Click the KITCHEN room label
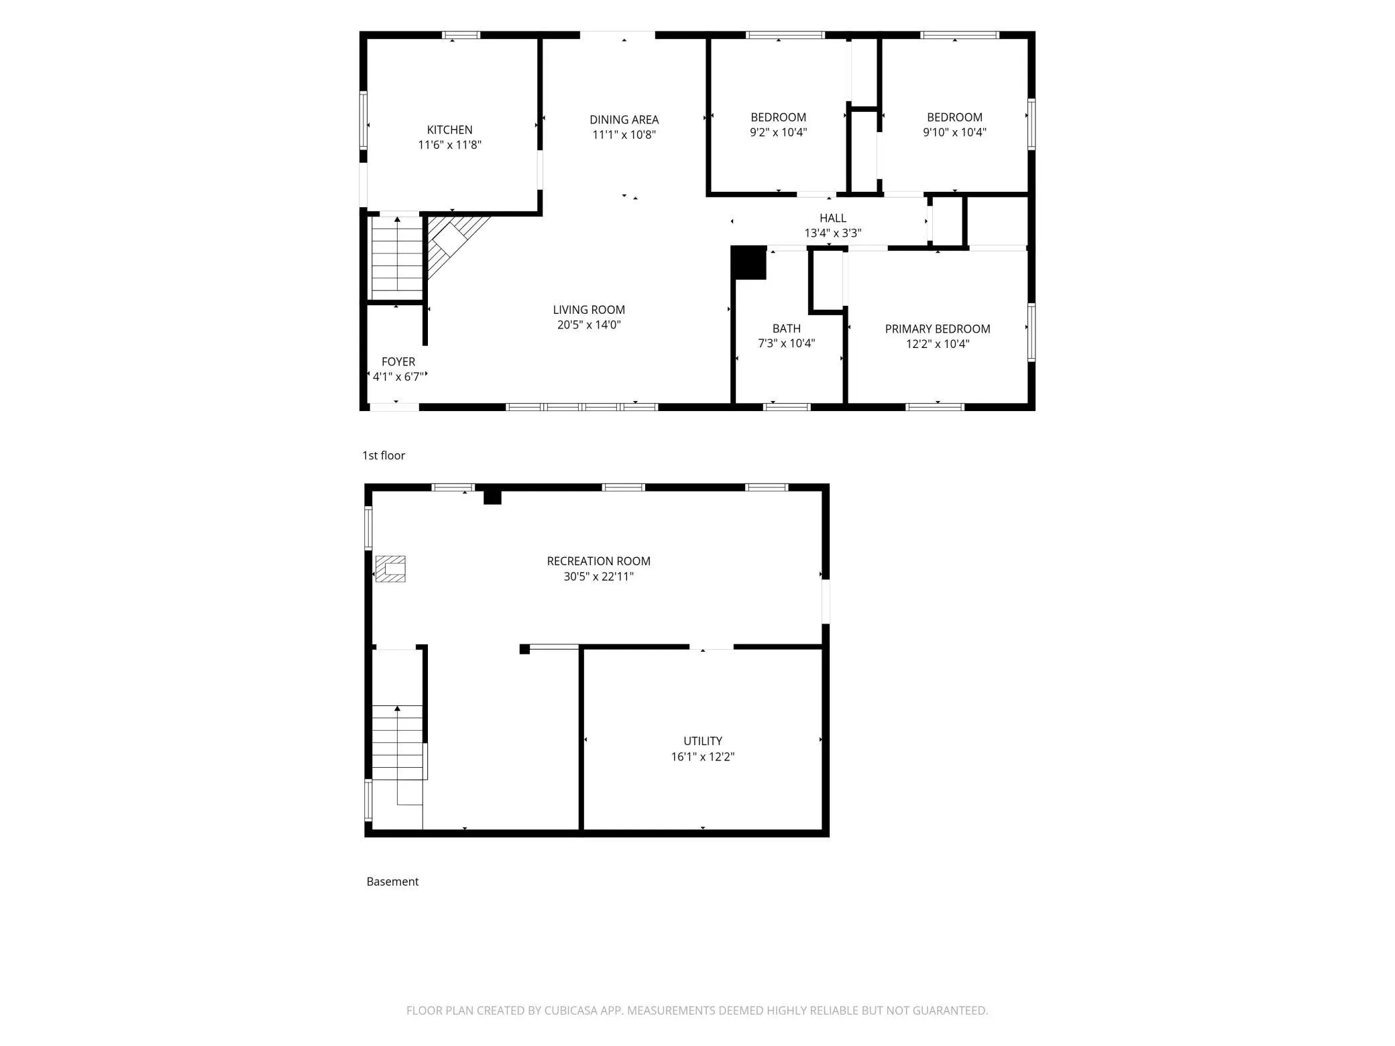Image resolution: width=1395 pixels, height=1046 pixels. click(449, 130)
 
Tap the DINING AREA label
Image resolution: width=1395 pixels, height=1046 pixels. click(624, 120)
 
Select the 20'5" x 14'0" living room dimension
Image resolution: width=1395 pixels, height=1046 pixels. click(589, 325)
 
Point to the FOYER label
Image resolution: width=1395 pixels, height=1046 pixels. click(398, 362)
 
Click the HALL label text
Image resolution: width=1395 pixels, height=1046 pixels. click(833, 219)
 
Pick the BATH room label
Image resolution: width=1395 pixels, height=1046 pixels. click(786, 329)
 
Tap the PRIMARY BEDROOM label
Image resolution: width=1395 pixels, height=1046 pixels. click(938, 329)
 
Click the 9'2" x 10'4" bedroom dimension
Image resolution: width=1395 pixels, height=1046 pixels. click(778, 133)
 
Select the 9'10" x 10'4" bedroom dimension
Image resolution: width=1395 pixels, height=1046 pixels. click(954, 133)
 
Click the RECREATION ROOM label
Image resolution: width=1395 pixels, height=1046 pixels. click(598, 561)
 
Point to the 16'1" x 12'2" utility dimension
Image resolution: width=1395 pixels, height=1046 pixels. click(703, 757)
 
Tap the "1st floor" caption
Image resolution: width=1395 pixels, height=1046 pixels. click(384, 456)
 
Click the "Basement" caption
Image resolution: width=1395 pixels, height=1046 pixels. click(392, 882)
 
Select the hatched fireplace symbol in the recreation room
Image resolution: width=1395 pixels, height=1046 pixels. click(390, 569)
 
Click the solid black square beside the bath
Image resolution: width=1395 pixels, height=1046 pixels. click(748, 263)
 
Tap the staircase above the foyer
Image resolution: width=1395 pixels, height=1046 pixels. click(397, 257)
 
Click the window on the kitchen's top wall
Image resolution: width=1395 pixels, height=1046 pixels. click(461, 35)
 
